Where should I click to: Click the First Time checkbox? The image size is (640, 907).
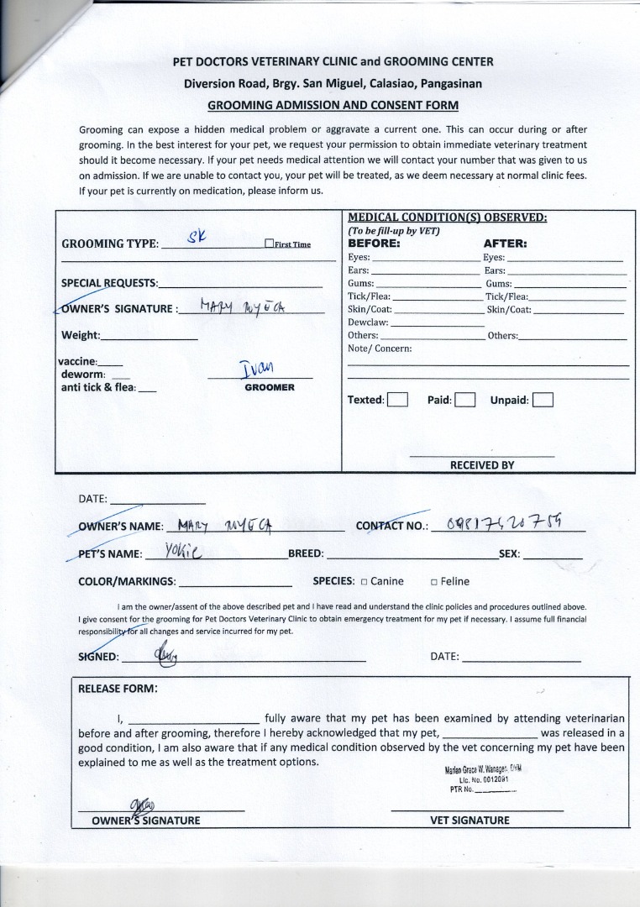tap(269, 244)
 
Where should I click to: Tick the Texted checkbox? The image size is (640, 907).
tap(397, 400)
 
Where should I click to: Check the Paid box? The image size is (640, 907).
tap(465, 400)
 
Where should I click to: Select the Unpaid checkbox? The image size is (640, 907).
tap(543, 400)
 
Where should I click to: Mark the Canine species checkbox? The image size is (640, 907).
tap(365, 581)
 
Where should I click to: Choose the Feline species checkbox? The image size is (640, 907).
tap(434, 581)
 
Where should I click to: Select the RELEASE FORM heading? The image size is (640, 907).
tap(117, 689)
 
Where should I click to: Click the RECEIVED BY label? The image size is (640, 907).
tap(482, 464)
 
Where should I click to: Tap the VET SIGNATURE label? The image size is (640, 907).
tap(470, 820)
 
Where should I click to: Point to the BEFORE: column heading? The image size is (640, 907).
tap(374, 244)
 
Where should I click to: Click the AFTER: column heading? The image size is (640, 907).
tap(506, 244)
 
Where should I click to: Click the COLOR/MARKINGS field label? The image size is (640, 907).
tap(127, 581)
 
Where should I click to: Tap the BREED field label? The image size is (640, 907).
tap(306, 554)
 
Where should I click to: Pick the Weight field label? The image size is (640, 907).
tap(81, 336)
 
